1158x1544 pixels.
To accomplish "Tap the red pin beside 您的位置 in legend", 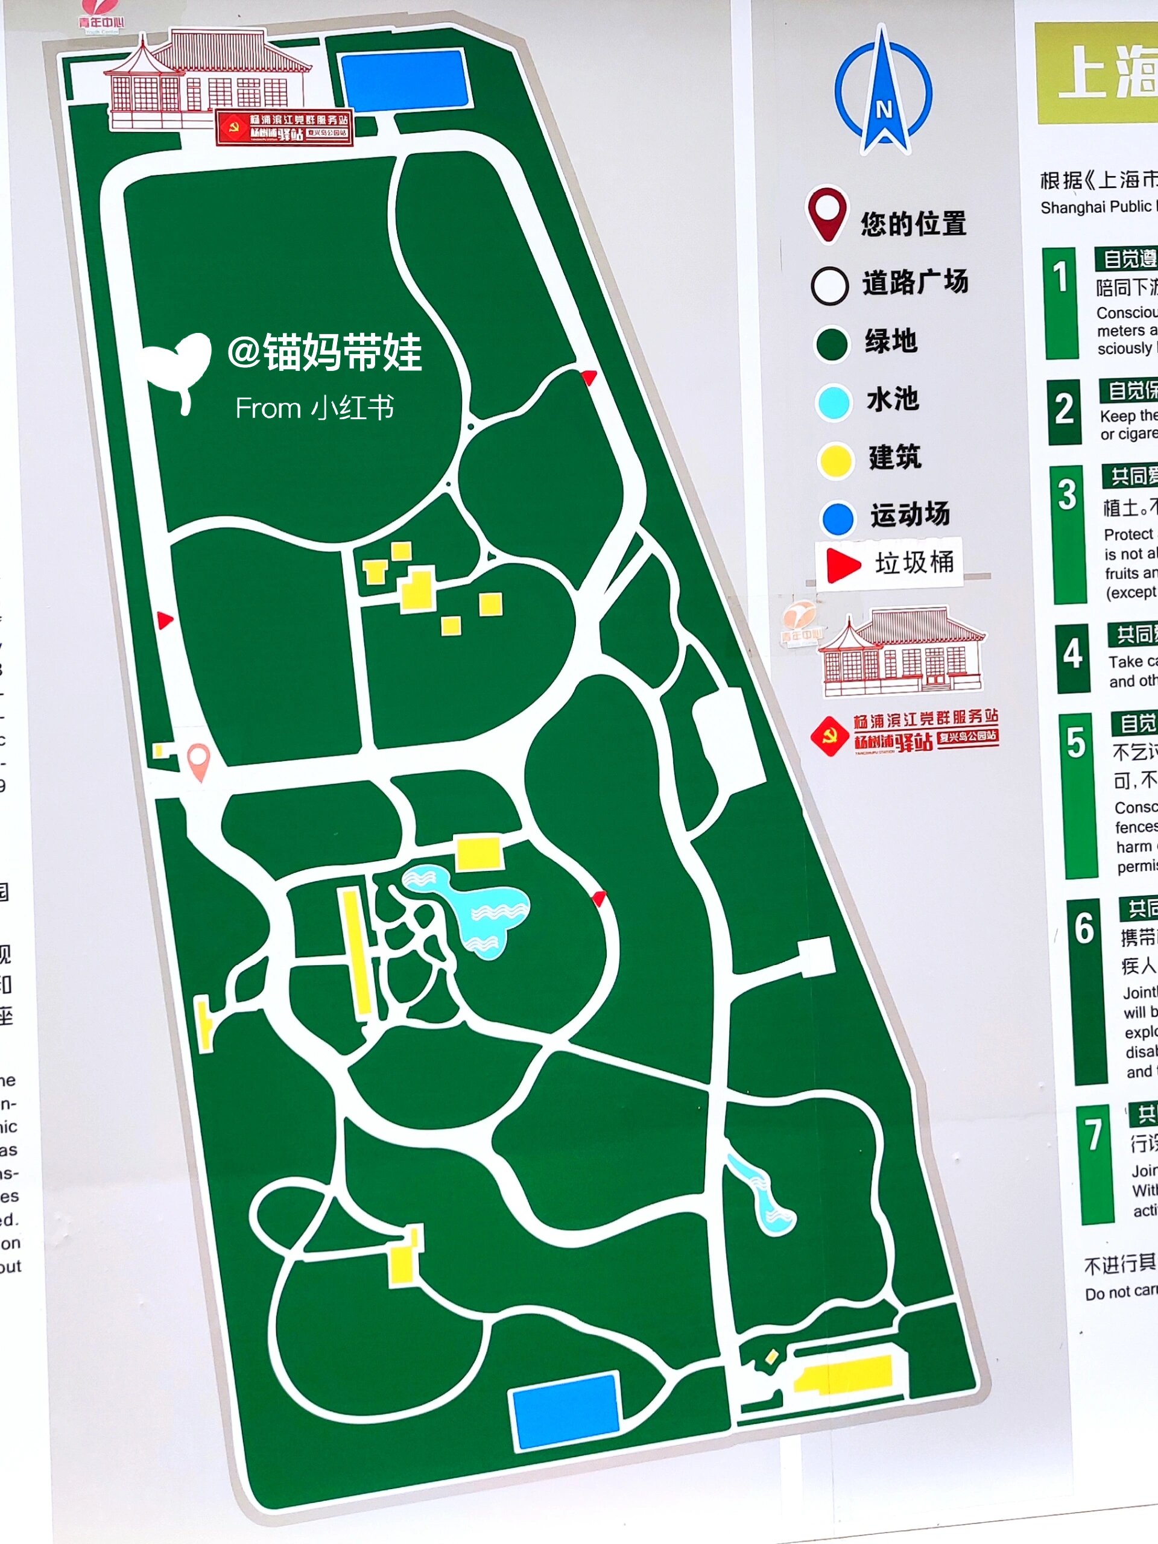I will [827, 212].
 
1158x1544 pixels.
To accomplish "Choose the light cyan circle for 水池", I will [834, 402].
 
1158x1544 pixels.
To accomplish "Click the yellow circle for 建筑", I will [835, 460].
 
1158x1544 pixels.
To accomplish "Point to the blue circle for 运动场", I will [838, 518].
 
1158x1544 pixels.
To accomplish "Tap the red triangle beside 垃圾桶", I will [843, 564].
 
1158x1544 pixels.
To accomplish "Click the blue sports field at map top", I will [404, 79].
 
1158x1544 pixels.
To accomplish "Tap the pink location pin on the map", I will [199, 760].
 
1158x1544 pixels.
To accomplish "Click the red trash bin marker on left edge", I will [165, 620].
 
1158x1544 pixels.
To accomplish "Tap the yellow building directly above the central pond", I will [479, 853].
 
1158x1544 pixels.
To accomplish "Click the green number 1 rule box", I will [1061, 303].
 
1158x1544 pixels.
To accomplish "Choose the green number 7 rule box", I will [1094, 1163].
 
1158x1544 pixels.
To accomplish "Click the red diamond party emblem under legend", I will [830, 736].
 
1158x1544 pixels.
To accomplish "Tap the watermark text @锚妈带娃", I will [324, 352].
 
